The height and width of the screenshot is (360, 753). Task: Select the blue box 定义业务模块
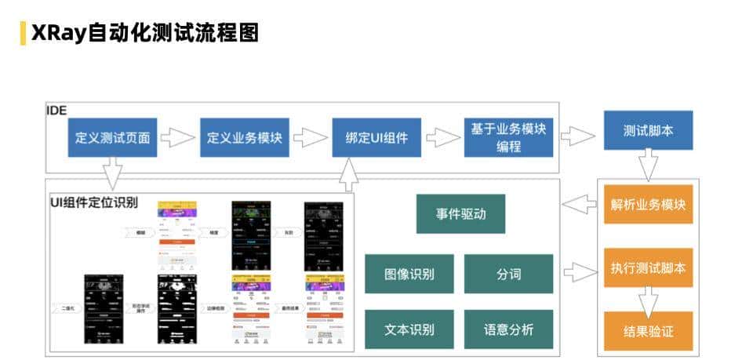[x=245, y=138]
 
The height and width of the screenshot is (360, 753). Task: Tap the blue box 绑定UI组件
[x=376, y=138]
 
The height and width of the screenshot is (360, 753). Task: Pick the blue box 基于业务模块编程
[x=508, y=138]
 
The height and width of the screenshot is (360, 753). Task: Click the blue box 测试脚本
[x=648, y=130]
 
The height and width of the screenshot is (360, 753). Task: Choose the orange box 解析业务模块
[x=648, y=205]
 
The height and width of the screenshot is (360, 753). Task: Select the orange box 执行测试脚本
[x=648, y=268]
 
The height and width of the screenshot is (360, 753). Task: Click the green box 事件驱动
[x=460, y=213]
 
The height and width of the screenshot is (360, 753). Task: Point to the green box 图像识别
[x=409, y=274]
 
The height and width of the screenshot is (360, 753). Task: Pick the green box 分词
[x=508, y=274]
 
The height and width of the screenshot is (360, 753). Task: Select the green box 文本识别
[x=409, y=329]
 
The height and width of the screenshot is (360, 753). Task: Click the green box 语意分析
[x=508, y=329]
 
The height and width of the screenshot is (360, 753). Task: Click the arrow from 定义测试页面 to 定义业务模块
[x=178, y=138]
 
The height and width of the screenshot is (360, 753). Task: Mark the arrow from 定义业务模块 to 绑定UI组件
[x=310, y=138]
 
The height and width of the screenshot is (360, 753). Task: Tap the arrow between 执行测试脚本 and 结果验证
[x=648, y=300]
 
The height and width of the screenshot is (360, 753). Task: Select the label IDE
[x=56, y=110]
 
